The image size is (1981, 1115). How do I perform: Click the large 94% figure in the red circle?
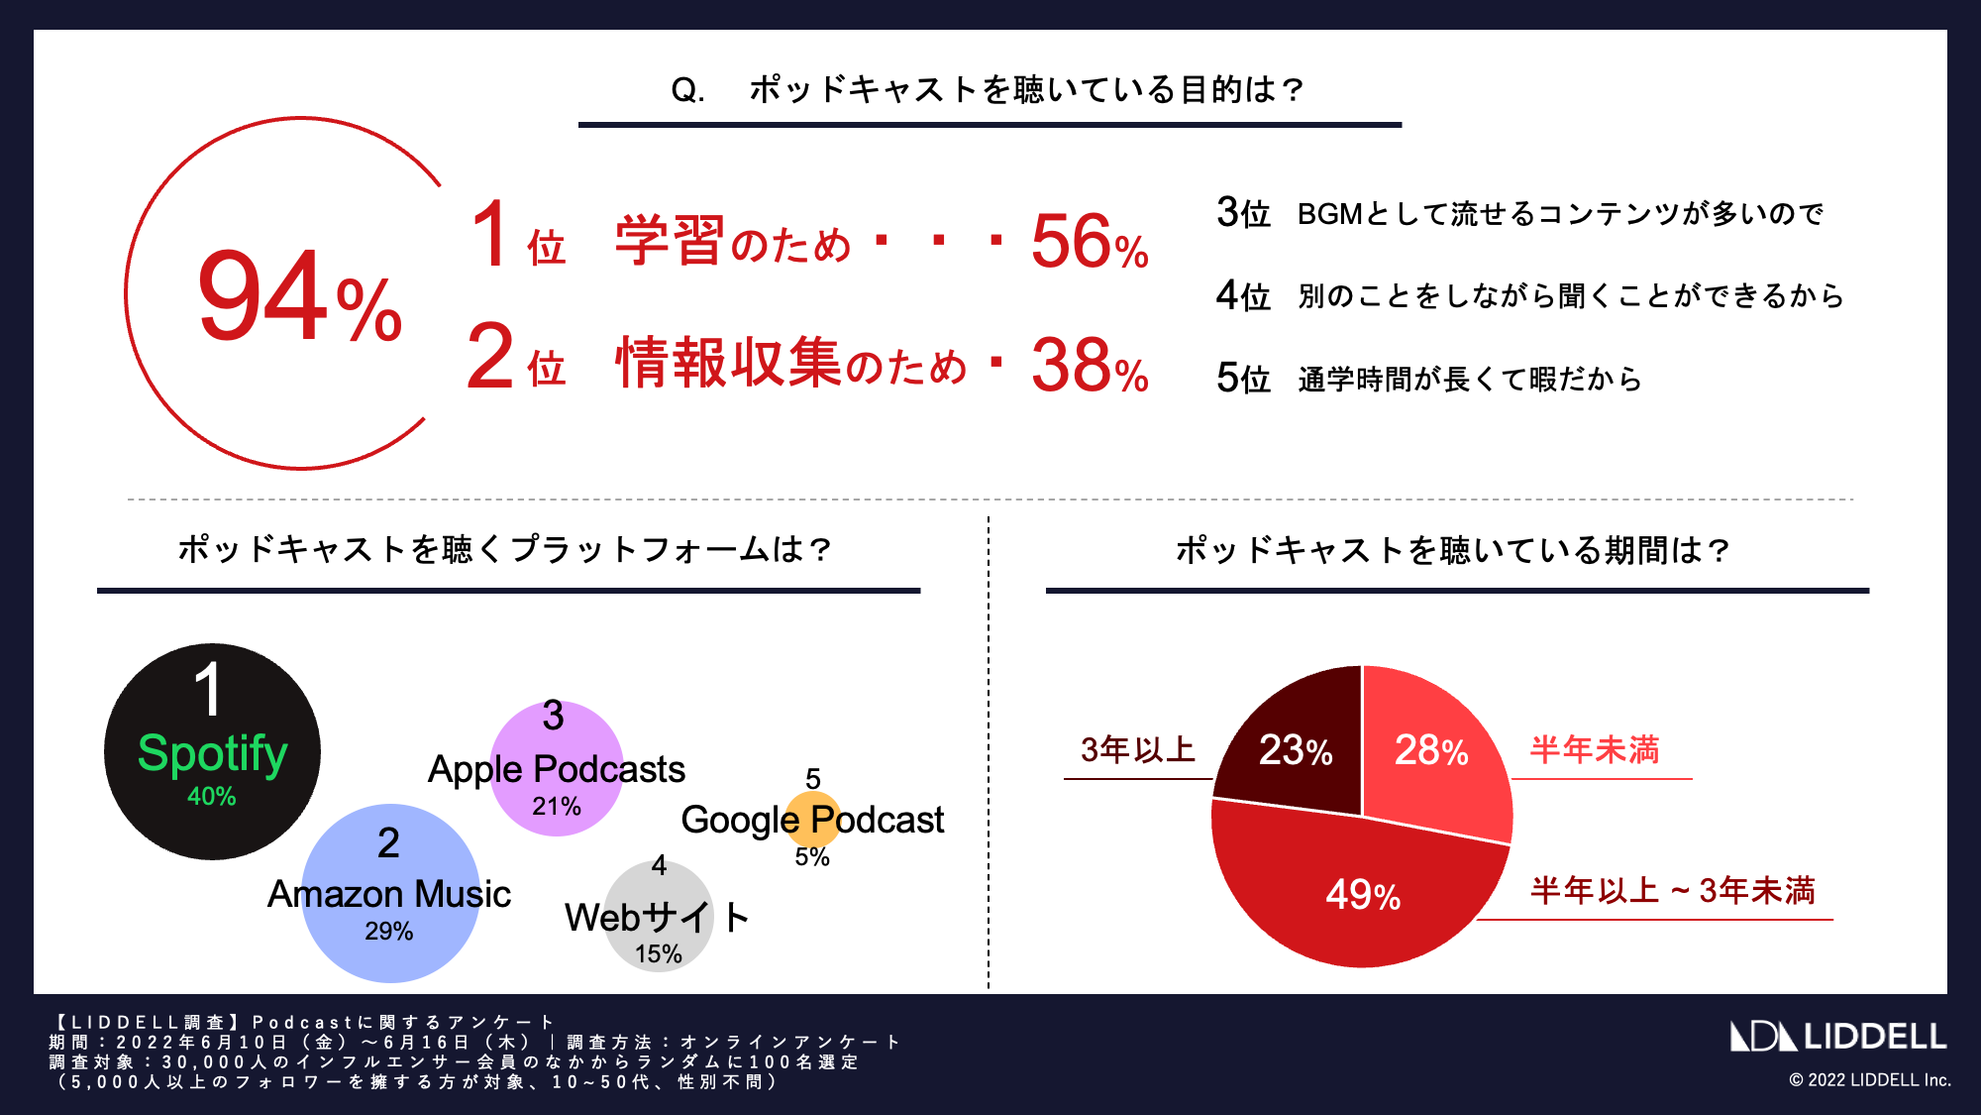pos(300,295)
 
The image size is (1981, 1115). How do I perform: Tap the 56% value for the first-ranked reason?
pos(1090,242)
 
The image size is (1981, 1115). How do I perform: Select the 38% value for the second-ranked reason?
pos(1090,365)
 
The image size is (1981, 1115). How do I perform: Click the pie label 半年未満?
pos(1595,750)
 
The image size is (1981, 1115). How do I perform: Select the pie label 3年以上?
pos(1137,750)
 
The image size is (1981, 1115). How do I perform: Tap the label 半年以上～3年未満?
pos(1673,891)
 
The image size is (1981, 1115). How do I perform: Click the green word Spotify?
pos(212,754)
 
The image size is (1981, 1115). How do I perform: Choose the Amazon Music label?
pos(389,894)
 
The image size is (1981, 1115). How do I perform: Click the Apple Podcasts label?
pos(557,769)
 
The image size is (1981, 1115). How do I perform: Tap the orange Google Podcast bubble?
pos(812,819)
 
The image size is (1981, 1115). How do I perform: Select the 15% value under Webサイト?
pos(659,953)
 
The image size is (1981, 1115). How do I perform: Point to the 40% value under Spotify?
pos(212,796)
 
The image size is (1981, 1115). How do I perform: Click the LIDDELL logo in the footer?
pos(1838,1037)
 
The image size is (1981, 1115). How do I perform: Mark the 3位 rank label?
pos(1243,213)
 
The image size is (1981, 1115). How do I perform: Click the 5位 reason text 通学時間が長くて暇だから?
pos(1470,379)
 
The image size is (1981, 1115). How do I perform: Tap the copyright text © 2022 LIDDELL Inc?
pos(1869,1080)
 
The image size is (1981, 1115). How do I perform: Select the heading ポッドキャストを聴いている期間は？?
pos(1452,550)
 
